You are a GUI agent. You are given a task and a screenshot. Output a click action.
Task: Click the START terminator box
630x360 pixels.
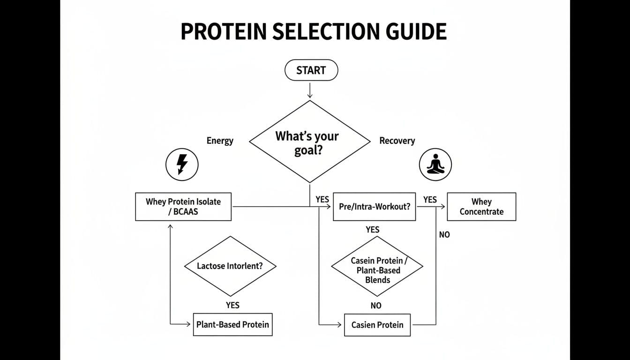pos(311,70)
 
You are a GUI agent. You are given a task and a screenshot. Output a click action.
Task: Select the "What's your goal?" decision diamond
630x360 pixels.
pos(309,142)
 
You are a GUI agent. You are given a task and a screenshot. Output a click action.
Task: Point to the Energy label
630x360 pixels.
pos(220,141)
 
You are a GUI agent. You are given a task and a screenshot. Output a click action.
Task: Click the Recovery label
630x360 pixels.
pos(397,141)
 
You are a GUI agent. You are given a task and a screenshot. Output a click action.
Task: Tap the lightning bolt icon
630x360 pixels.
pos(182,165)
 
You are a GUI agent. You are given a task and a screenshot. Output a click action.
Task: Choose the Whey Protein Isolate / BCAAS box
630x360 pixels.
pos(183,207)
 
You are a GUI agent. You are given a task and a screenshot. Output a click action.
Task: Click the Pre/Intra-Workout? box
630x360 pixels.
pos(374,207)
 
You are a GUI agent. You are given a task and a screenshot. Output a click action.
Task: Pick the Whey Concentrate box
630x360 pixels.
pos(481,207)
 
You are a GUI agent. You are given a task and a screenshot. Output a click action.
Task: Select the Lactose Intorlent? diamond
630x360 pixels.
pos(230,266)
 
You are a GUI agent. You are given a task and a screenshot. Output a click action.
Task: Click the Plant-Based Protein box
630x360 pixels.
pos(232,324)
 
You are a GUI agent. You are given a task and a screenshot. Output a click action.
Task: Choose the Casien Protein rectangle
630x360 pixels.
pos(377,324)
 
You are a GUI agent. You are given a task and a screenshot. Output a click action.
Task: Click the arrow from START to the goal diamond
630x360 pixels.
pos(309,90)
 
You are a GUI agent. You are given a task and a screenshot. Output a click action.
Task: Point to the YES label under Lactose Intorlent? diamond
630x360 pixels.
pos(232,305)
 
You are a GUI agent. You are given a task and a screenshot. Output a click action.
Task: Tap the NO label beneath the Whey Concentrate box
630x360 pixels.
pos(444,234)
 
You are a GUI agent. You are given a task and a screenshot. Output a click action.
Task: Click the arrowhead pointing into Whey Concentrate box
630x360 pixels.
pos(443,207)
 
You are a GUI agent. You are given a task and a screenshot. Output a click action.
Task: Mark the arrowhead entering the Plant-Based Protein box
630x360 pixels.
pos(189,324)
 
